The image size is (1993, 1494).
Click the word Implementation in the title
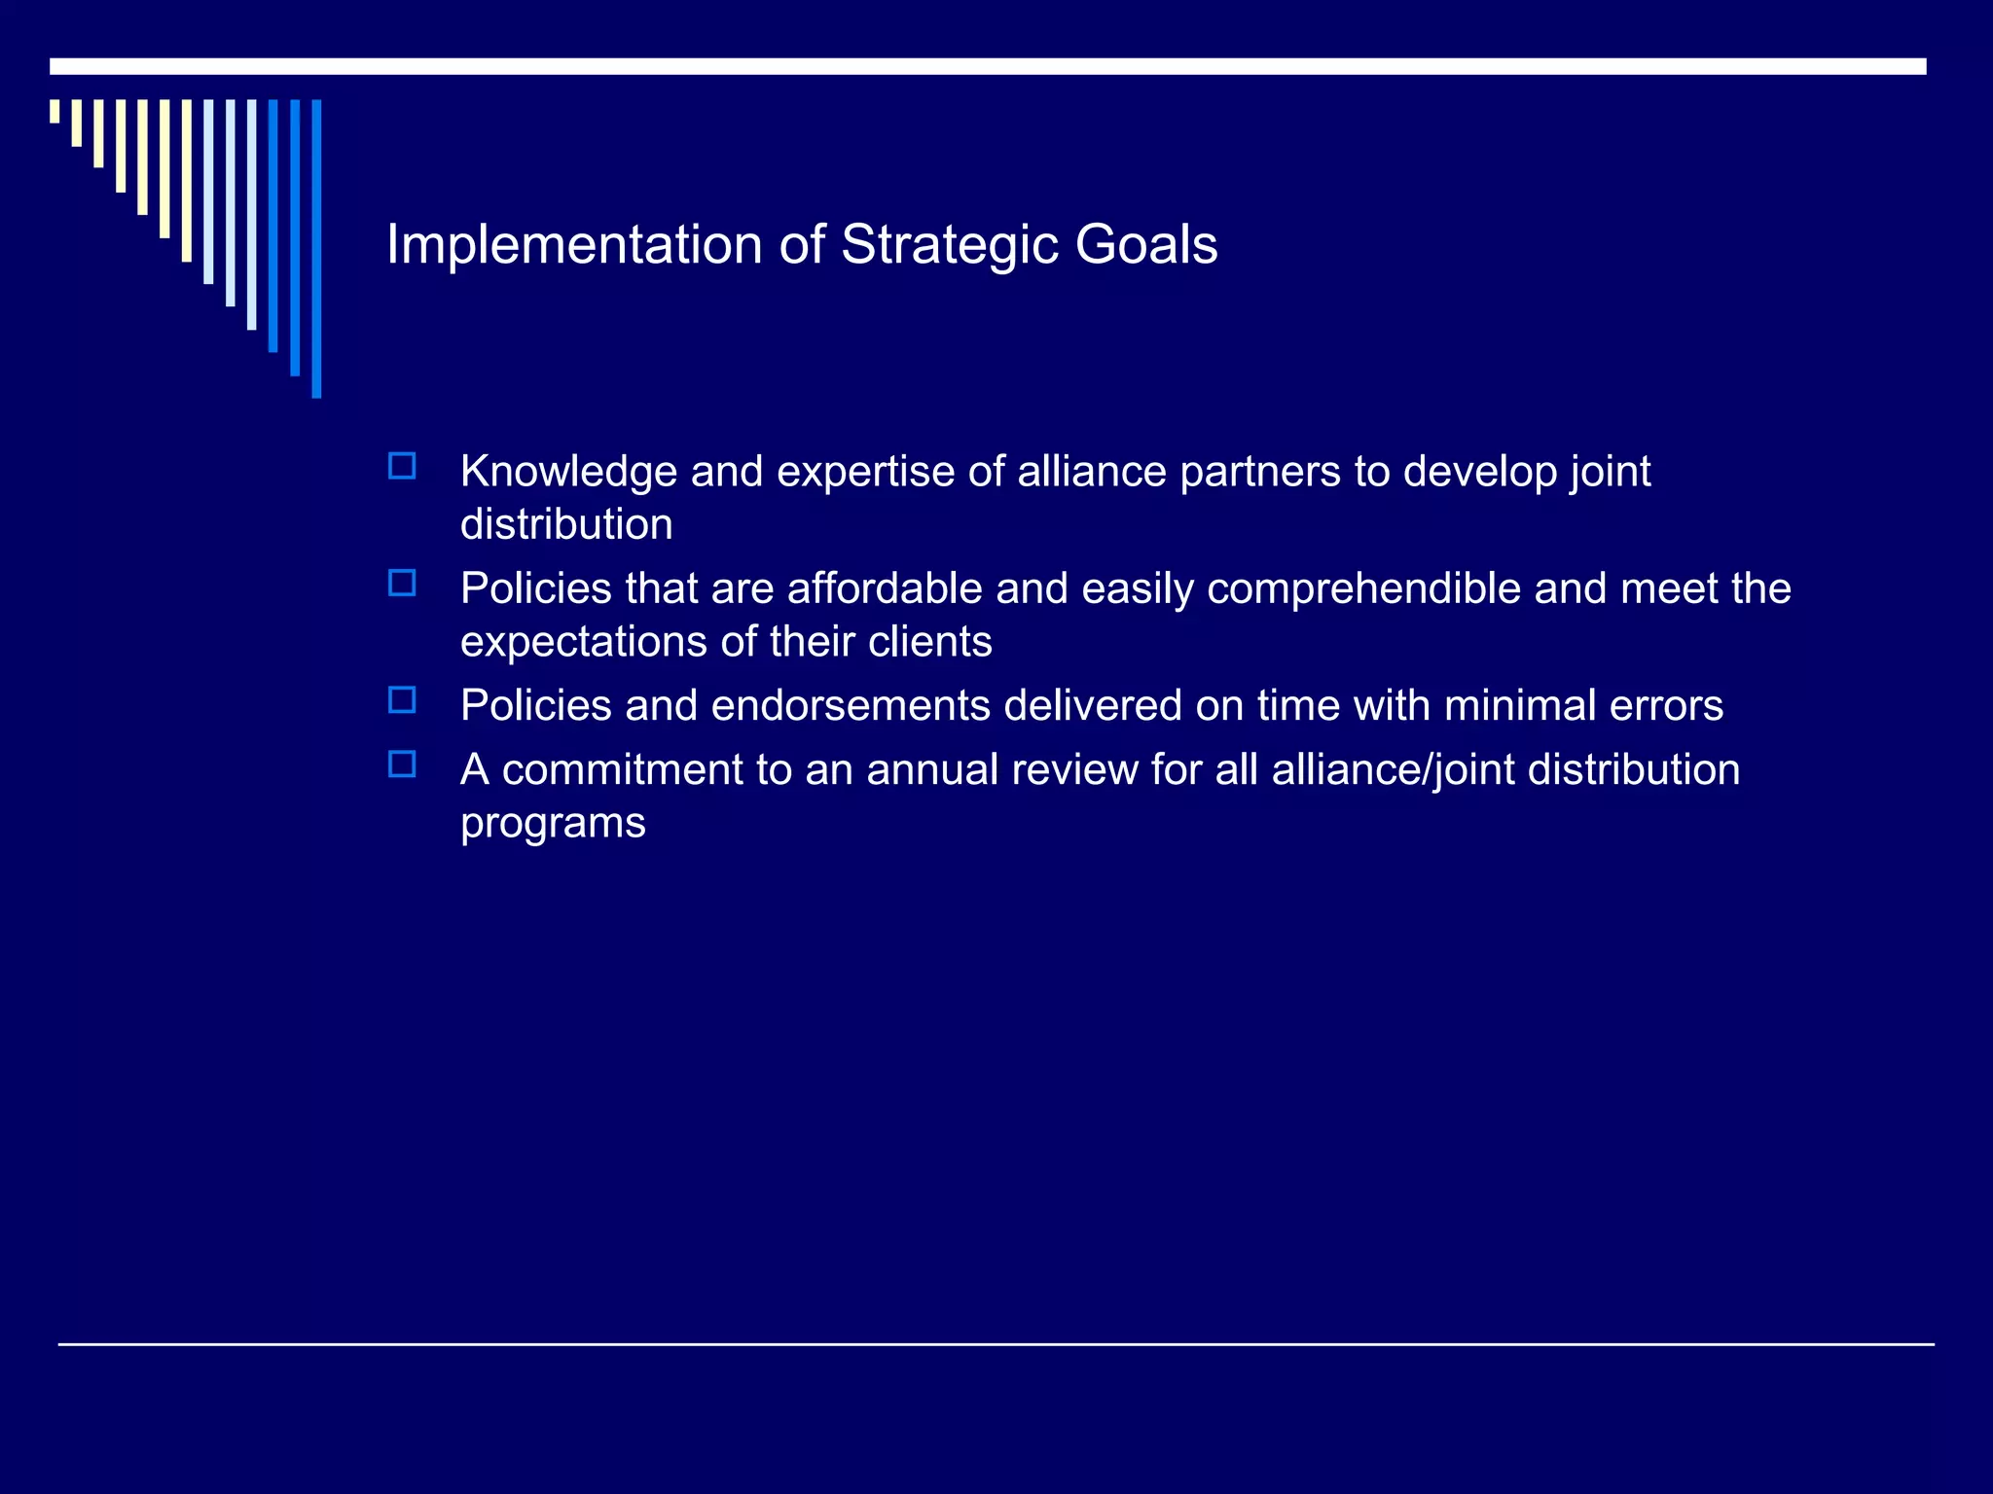[x=574, y=244]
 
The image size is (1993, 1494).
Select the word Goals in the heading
[x=1145, y=244]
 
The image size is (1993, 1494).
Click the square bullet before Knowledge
[x=402, y=466]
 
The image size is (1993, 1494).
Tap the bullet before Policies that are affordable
[x=402, y=583]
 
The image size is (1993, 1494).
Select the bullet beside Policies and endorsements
[x=402, y=699]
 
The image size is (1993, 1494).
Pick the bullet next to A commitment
[x=402, y=764]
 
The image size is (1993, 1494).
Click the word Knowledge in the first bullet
[x=568, y=472]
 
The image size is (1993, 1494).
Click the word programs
[x=553, y=824]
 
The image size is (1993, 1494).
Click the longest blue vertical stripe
[x=316, y=248]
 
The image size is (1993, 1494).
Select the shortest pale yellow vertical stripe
[x=54, y=111]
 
